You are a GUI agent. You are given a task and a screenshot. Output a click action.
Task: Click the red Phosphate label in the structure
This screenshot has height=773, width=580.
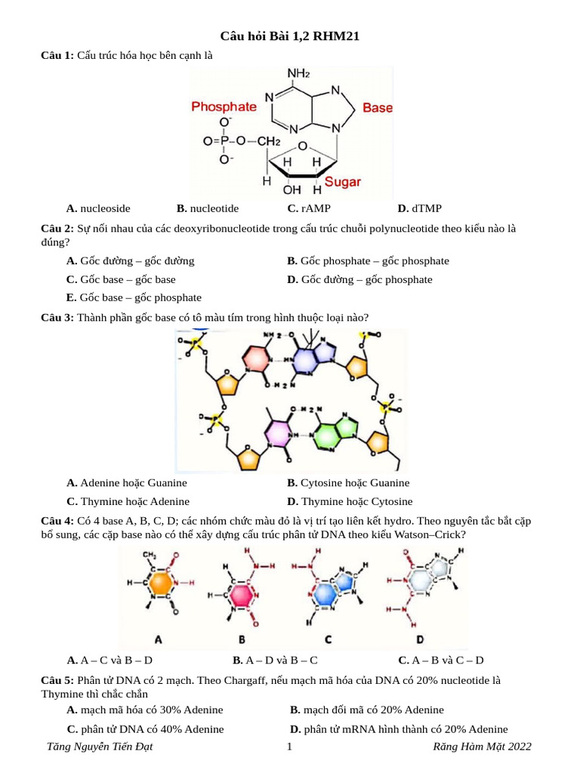(x=224, y=107)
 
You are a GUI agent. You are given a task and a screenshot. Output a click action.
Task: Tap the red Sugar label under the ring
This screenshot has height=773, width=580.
(x=343, y=182)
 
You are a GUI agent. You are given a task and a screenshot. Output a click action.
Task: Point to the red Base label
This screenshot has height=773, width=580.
(x=378, y=108)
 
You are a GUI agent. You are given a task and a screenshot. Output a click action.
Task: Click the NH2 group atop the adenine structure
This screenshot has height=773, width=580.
(x=298, y=73)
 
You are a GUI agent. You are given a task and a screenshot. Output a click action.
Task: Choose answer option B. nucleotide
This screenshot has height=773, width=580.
(x=208, y=208)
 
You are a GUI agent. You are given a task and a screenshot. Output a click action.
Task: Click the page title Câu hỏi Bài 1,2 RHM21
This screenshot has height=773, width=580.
(x=289, y=36)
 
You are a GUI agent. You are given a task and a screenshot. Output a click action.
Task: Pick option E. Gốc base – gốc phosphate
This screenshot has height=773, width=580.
(x=134, y=297)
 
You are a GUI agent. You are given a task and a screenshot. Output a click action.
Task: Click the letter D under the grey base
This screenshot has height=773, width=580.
(x=420, y=639)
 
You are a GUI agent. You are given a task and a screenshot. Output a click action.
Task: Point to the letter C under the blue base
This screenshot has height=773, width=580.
(x=328, y=639)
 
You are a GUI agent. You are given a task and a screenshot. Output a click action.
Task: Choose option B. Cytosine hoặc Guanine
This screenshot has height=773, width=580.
(x=348, y=483)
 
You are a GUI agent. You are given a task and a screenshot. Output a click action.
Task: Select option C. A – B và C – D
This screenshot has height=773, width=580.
(x=440, y=660)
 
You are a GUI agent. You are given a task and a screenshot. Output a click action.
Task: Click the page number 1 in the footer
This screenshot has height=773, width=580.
(x=289, y=747)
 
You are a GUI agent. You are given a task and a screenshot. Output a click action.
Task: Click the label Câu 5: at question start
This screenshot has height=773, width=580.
(x=57, y=680)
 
